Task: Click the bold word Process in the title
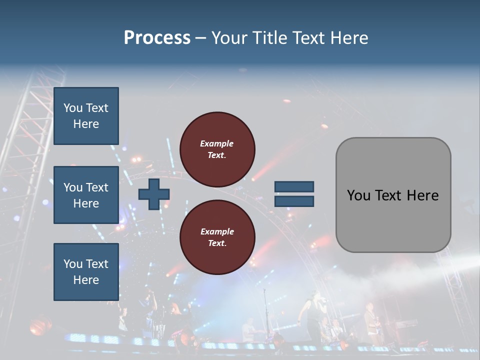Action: tap(157, 37)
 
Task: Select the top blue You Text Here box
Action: tap(86, 116)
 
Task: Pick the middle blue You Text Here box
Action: tap(86, 195)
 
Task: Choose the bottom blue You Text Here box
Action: tap(86, 272)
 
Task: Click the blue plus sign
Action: tap(153, 194)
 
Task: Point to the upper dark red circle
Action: tap(217, 149)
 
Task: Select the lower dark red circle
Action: tap(217, 237)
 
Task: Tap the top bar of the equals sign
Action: tap(294, 187)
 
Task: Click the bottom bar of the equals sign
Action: tap(294, 201)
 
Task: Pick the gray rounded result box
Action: tap(393, 195)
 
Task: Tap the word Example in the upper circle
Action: tap(217, 143)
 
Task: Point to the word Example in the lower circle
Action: tap(217, 231)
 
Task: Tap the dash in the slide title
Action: tap(201, 38)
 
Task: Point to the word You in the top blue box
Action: tap(73, 108)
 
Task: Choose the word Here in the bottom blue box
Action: tap(86, 280)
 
